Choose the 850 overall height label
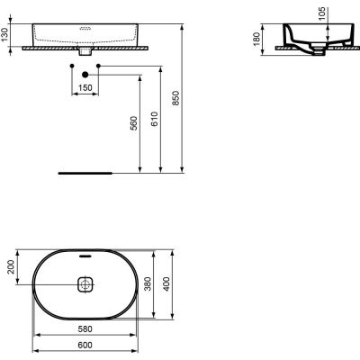tap(177, 99)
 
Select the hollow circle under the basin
tap(70, 66)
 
